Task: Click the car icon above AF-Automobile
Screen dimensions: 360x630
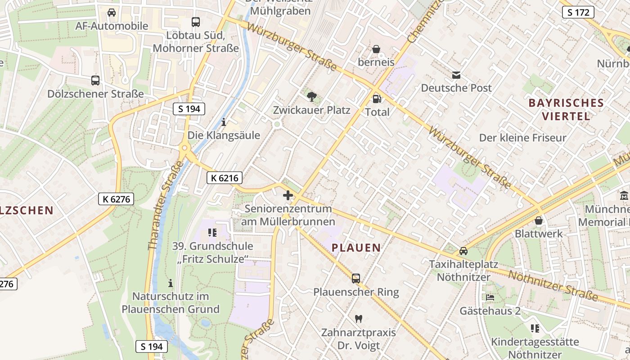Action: point(112,13)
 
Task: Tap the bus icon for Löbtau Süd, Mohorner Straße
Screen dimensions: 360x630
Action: point(196,22)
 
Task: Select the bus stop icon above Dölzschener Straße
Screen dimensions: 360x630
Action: point(95,81)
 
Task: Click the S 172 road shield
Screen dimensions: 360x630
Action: point(578,12)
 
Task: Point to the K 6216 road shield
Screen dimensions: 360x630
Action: point(225,178)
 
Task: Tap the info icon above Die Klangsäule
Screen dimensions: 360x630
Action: point(224,121)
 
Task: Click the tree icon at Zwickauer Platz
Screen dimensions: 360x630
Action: point(311,96)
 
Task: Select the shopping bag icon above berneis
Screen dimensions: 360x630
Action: point(376,49)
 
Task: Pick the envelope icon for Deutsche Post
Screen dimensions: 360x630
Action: point(456,75)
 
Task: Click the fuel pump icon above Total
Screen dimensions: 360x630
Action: point(377,99)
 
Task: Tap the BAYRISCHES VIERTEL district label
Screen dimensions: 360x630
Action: point(566,109)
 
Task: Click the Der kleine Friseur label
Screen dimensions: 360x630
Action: point(522,138)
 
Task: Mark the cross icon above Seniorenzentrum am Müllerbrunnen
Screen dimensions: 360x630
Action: point(288,195)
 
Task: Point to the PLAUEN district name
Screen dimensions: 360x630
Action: point(356,247)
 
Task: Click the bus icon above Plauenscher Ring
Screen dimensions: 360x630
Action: point(356,278)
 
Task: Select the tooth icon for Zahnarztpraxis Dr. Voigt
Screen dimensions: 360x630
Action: point(359,319)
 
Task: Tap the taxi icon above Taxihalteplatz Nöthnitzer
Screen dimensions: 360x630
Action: point(463,251)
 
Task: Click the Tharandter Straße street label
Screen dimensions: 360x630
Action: point(166,205)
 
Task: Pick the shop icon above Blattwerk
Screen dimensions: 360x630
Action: point(539,220)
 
